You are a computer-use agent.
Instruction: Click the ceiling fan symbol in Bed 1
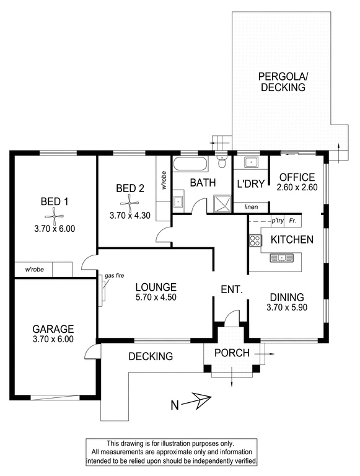(55, 216)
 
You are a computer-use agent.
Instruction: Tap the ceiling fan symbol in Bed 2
(130, 203)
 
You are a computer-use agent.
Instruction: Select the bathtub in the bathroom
(190, 164)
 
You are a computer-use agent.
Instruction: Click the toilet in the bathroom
(222, 161)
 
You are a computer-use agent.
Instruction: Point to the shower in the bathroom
(222, 204)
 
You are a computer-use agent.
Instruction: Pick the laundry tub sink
(251, 162)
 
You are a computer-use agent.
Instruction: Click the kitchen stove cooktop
(255, 240)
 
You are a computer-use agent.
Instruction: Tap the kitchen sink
(281, 258)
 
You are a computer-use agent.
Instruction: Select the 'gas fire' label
(114, 276)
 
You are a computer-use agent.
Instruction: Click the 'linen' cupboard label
(251, 207)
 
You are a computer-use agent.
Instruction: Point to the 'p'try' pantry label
(278, 221)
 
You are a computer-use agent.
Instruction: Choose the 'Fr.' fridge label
(292, 221)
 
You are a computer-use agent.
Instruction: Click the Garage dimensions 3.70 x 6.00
(53, 339)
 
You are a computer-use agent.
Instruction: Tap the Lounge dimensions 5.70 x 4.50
(156, 297)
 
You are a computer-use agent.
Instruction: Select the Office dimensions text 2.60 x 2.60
(297, 187)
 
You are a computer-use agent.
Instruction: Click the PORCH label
(232, 353)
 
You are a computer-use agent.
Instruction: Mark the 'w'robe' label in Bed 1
(34, 269)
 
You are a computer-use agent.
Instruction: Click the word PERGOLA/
(283, 76)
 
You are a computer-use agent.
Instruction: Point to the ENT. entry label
(232, 289)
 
